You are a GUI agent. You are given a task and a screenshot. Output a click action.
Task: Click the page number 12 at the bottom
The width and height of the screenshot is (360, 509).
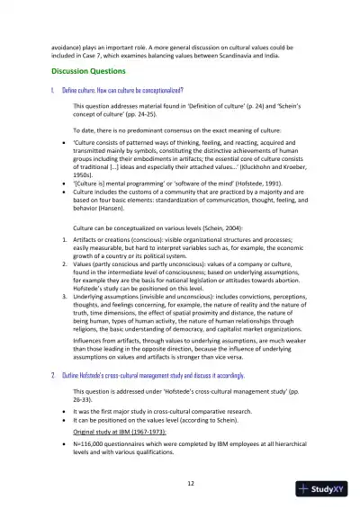(180, 483)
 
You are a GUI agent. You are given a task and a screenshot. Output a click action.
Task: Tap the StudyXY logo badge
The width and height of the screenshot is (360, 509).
(324, 489)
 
